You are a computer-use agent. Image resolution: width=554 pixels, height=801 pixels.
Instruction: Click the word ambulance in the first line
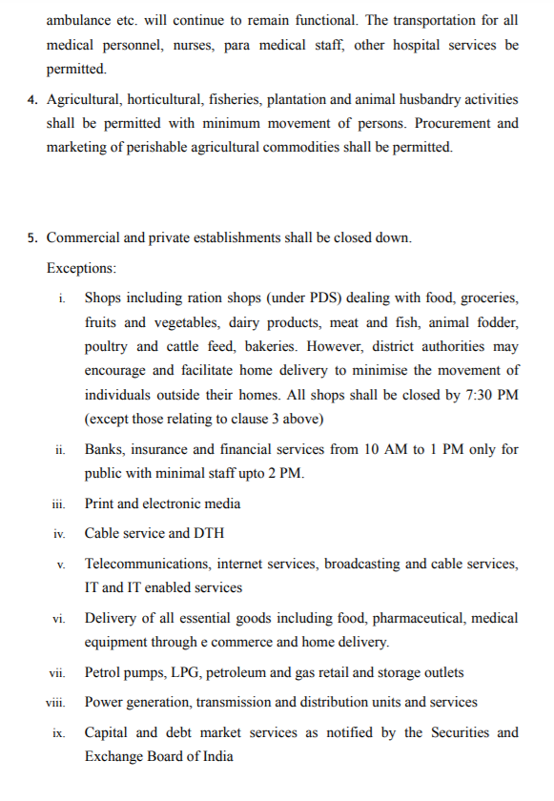tap(77, 20)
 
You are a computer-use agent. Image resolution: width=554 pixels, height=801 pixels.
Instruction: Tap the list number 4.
tap(32, 100)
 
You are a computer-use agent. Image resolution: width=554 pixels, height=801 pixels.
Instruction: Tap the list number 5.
tap(32, 237)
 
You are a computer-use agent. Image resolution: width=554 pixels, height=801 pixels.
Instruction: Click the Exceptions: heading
tap(81, 268)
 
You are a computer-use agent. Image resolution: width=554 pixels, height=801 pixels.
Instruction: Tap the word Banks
tap(104, 449)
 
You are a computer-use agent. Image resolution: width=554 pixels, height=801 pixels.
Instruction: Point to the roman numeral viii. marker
tap(57, 703)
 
